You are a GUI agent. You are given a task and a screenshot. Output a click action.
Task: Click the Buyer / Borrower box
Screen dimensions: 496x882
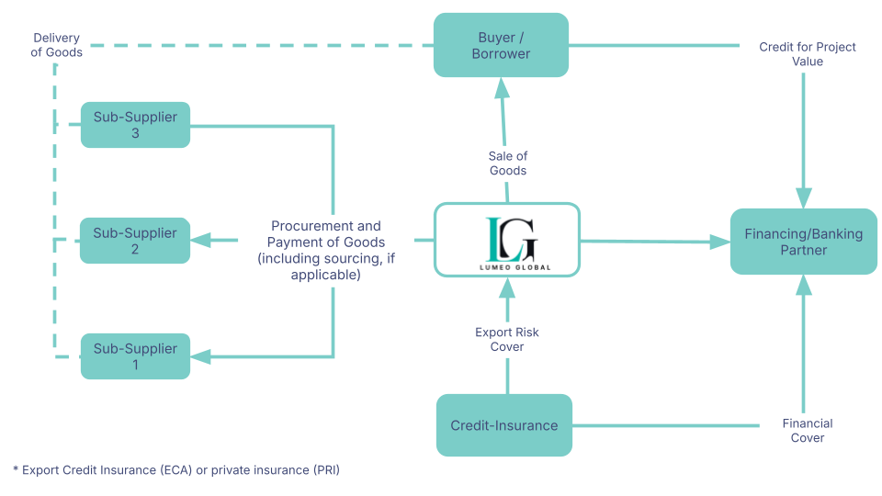point(503,45)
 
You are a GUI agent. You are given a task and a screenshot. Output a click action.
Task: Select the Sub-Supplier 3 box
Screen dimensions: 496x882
point(135,125)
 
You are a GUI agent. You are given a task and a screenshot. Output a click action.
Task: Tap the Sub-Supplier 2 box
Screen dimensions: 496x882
point(135,241)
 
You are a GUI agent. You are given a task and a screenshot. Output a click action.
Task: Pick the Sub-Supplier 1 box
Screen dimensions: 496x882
point(135,356)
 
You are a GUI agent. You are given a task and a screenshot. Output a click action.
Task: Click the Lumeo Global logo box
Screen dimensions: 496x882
point(507,240)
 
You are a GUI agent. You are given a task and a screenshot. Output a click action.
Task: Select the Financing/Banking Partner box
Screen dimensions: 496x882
point(803,242)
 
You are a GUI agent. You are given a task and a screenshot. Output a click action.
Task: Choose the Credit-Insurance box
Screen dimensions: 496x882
point(503,425)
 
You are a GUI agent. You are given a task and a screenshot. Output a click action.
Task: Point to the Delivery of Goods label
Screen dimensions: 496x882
point(57,45)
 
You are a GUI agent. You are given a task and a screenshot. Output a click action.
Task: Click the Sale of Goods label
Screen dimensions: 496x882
point(507,163)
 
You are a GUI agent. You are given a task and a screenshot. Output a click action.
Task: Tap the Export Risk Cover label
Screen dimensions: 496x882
point(507,339)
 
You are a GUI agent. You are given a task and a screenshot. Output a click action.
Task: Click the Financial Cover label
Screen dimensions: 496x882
point(808,430)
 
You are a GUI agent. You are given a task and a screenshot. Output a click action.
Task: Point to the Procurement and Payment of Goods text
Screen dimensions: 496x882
point(325,250)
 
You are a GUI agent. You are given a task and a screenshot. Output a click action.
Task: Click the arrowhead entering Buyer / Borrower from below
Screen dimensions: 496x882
point(501,88)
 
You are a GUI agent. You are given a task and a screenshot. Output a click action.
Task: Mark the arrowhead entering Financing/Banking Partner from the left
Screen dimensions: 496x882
point(720,242)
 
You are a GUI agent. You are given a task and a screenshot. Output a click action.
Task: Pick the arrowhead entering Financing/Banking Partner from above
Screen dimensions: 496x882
point(804,197)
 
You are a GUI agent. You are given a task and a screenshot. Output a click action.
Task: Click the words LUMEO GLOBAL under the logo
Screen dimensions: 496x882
point(508,265)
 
